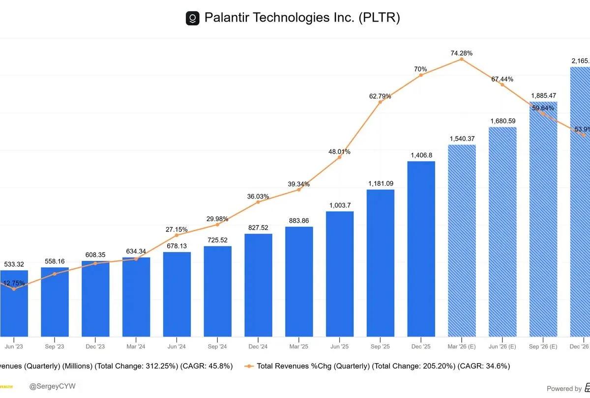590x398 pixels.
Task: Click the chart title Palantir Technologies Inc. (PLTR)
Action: (302, 18)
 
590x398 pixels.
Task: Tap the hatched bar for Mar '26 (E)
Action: (462, 241)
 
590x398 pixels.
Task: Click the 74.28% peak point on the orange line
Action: (462, 59)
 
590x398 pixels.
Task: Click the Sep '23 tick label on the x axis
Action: (55, 346)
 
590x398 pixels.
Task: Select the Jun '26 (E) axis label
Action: (502, 346)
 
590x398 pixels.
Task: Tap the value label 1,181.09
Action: (381, 183)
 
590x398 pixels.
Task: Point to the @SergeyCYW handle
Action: (53, 387)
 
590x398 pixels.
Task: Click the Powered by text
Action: (564, 388)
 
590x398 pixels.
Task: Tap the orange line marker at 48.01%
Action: (340, 157)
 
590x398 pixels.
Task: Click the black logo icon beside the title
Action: (192, 19)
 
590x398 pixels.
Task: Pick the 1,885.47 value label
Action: (543, 95)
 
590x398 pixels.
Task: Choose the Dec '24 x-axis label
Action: (258, 346)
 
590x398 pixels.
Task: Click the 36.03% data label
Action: (258, 196)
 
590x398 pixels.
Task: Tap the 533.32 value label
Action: (14, 264)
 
